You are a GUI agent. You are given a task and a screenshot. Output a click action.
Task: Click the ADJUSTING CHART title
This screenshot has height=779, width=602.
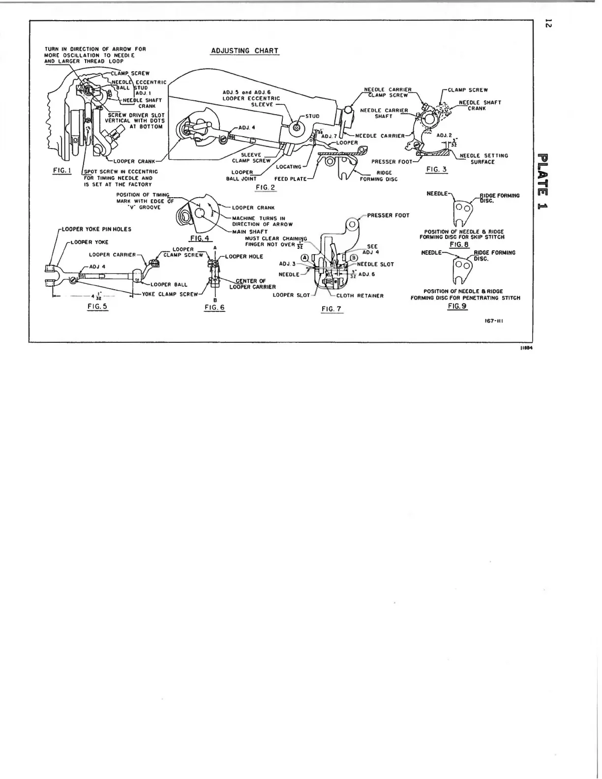(244, 51)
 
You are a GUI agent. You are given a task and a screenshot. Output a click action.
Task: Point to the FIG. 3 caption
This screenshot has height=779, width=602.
(436, 169)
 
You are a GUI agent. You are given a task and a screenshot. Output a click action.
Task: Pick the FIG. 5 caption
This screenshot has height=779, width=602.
(97, 306)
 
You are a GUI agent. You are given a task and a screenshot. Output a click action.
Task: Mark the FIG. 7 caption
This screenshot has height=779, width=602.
(331, 309)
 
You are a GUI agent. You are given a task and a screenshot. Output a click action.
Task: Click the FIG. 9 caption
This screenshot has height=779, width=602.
(457, 306)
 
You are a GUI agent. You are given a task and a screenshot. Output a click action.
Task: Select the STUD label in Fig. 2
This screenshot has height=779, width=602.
(312, 116)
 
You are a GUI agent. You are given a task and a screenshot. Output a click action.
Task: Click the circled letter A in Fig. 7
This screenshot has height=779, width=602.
(305, 257)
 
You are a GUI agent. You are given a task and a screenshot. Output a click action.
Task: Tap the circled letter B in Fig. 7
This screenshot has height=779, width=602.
(353, 257)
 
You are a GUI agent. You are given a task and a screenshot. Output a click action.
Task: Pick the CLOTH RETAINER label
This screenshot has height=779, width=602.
(360, 296)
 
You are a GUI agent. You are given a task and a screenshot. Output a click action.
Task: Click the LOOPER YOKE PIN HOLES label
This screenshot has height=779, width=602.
(96, 229)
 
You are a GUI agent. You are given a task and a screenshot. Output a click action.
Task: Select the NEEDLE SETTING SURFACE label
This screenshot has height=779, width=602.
(483, 158)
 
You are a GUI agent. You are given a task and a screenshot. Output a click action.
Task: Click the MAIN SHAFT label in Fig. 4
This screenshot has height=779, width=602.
(250, 231)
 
